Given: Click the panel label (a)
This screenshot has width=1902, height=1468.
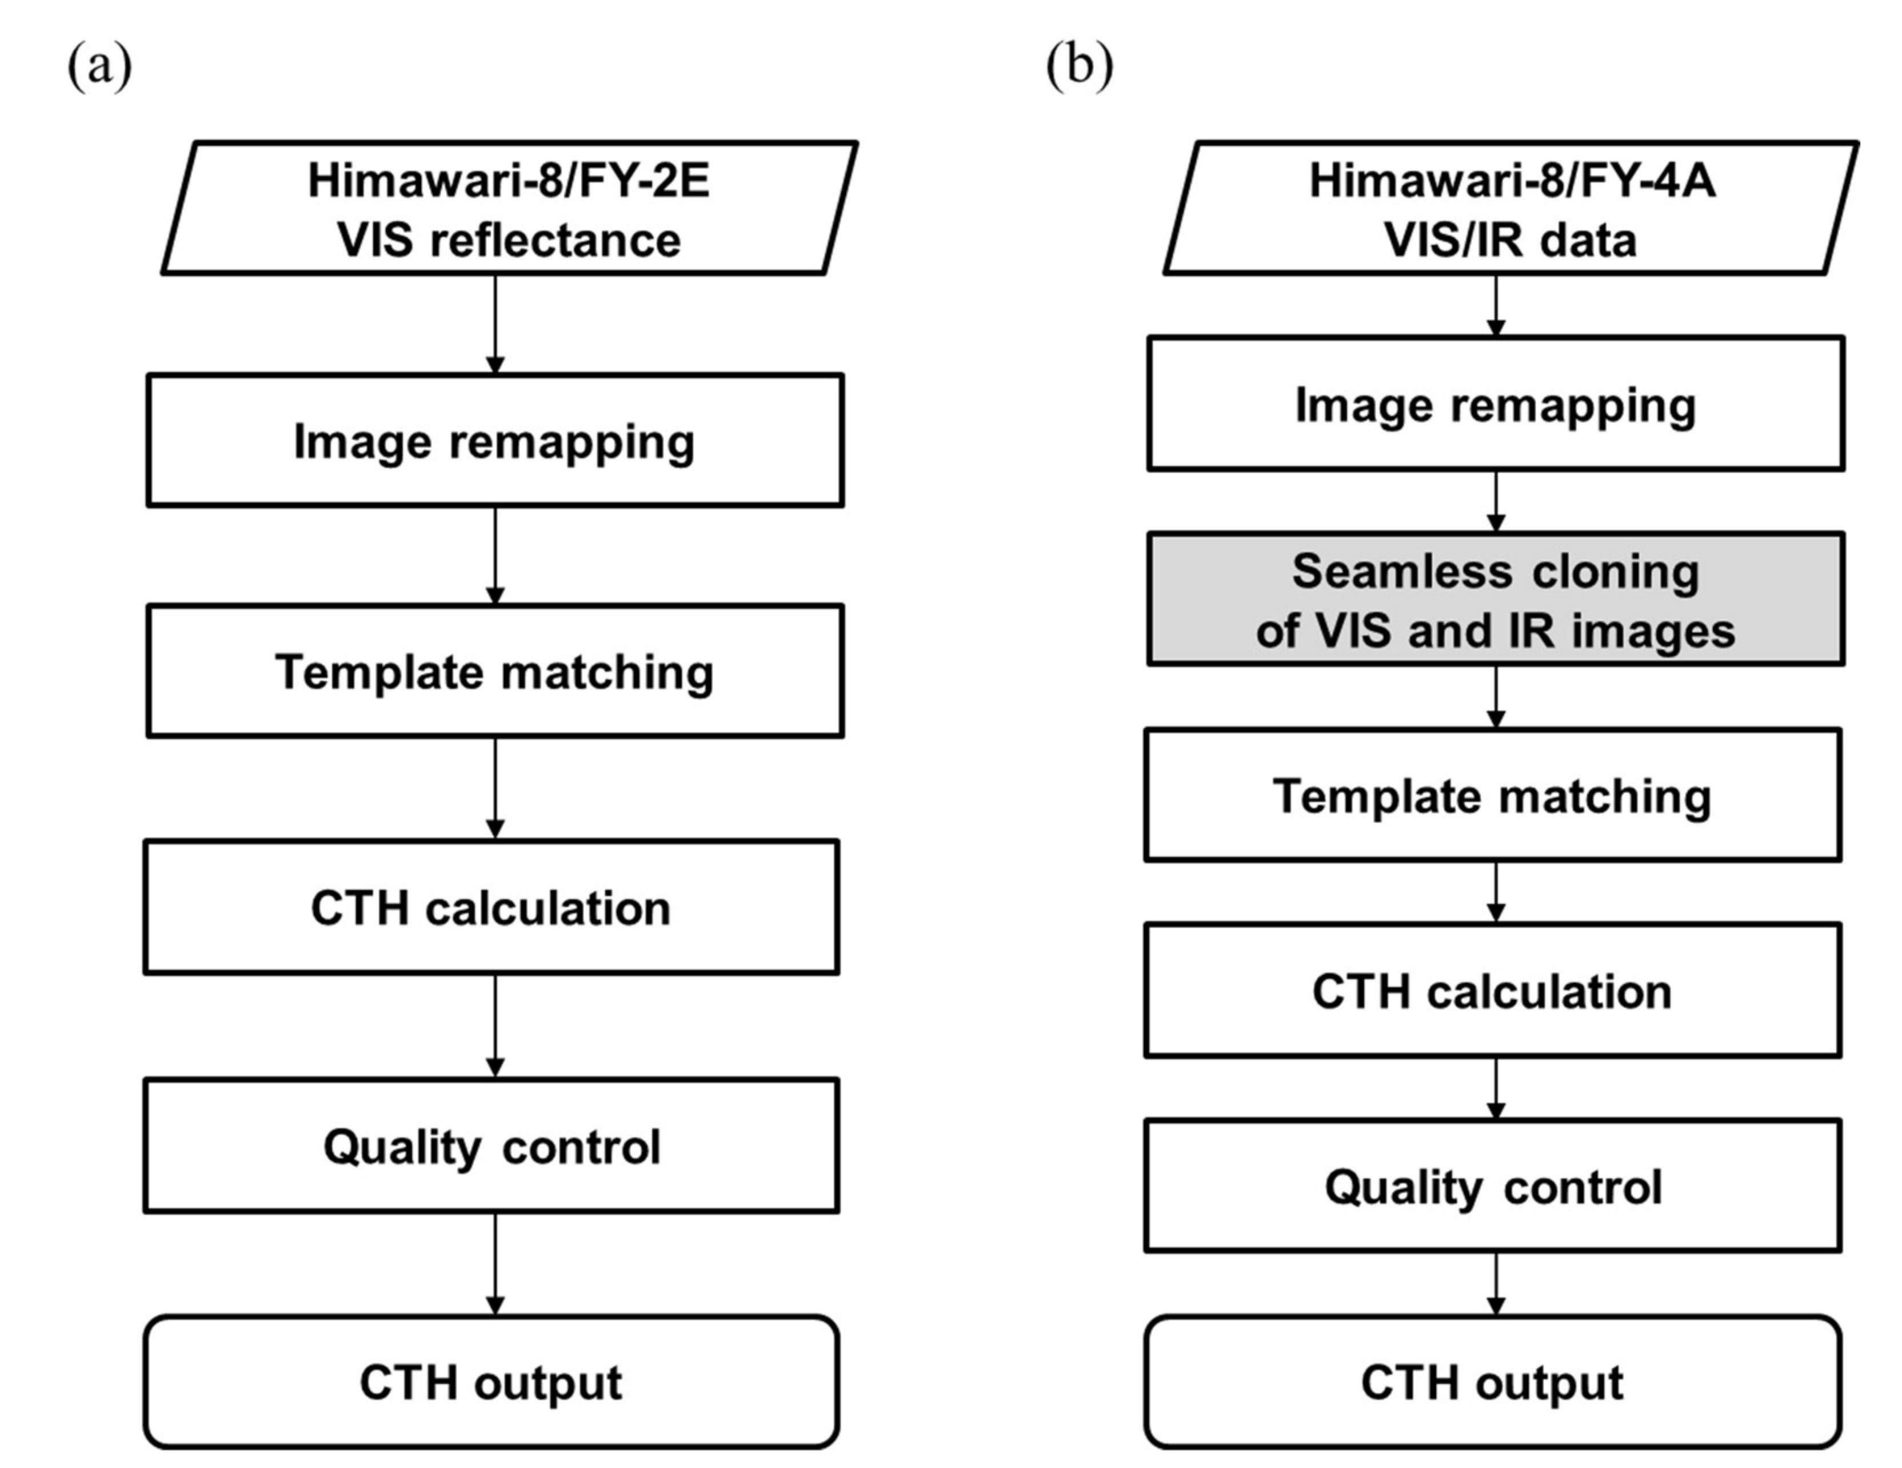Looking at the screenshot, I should tap(99, 65).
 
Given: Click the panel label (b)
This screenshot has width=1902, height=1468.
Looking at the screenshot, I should tap(1079, 65).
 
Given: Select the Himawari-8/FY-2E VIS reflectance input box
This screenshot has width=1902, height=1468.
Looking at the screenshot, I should tap(509, 209).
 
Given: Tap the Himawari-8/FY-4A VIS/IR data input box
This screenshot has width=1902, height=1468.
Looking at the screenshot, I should tap(1511, 209).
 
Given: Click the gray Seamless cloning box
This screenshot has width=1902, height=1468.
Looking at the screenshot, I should tap(1495, 600).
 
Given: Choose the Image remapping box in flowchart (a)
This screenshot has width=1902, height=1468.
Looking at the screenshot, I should tap(495, 441).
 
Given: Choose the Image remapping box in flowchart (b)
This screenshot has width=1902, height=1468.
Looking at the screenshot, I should tap(1495, 404).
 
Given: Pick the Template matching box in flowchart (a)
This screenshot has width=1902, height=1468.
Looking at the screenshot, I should tap(495, 672).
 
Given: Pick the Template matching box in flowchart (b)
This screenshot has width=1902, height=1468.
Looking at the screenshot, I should tap(1493, 795).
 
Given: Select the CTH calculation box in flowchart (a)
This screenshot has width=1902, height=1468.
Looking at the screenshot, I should tap(491, 908).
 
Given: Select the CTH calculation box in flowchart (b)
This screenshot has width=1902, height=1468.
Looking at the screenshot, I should tap(1493, 991).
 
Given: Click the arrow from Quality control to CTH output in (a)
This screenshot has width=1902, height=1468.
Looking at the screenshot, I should tap(496, 1263).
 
